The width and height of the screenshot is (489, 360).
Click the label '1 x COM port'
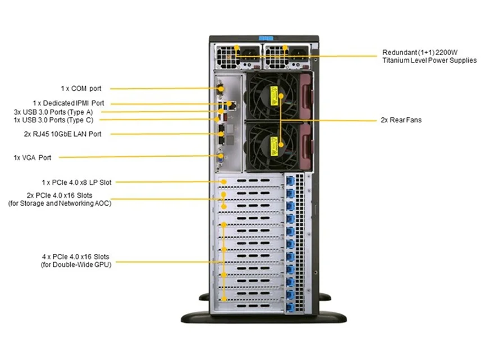click(85, 88)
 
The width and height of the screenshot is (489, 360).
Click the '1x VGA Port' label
click(32, 158)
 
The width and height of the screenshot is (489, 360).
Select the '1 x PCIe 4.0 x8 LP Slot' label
click(76, 182)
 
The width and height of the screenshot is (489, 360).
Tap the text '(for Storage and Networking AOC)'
click(60, 203)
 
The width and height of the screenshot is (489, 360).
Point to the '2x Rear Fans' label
click(401, 120)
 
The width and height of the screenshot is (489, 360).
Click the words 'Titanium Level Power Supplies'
click(429, 60)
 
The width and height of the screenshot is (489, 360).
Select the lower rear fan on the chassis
click(271, 145)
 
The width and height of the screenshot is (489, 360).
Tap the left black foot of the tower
click(196, 315)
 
